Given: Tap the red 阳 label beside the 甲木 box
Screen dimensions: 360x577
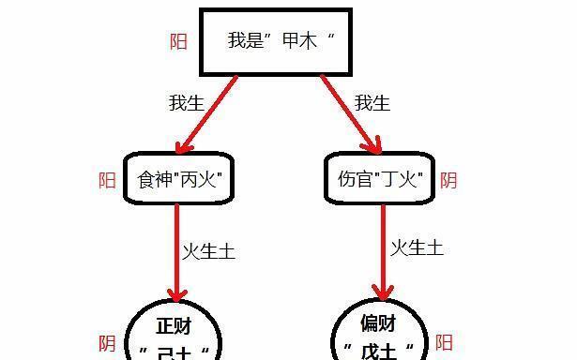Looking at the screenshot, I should pos(177,42).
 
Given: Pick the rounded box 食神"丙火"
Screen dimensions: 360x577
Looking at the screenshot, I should pos(177,178).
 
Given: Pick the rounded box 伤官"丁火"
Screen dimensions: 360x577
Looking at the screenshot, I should pos(380,178).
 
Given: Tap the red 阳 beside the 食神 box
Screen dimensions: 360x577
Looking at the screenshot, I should pos(108,180).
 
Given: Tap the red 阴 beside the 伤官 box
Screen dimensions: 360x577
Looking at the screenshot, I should pos(448,180).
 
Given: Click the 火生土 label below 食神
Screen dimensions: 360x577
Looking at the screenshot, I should pos(208,251).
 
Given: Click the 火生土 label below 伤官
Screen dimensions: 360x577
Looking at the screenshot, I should pos(417,247).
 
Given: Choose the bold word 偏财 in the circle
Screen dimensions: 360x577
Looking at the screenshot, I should pos(378,324).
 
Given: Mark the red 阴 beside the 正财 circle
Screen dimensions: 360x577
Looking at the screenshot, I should pos(108,344).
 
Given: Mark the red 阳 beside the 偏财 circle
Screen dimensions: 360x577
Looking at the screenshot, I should pos(445,343).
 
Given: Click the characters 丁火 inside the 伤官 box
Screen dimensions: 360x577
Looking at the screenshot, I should pos(402,178).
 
